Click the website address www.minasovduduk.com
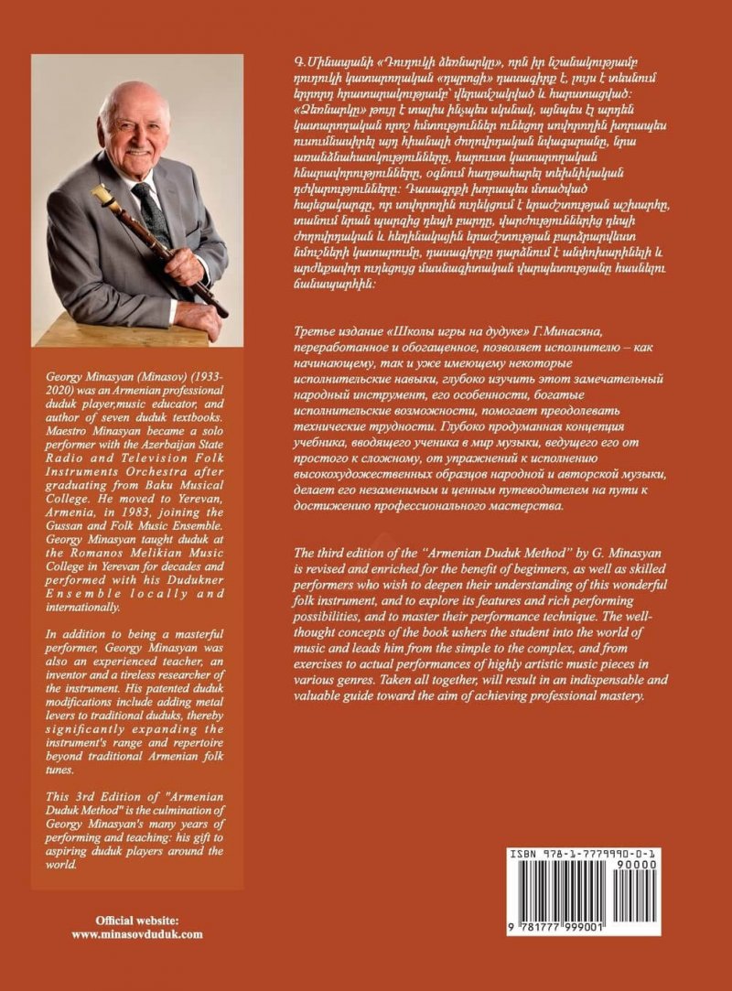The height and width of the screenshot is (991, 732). click(x=136, y=934)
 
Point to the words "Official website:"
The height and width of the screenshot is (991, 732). click(x=137, y=920)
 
